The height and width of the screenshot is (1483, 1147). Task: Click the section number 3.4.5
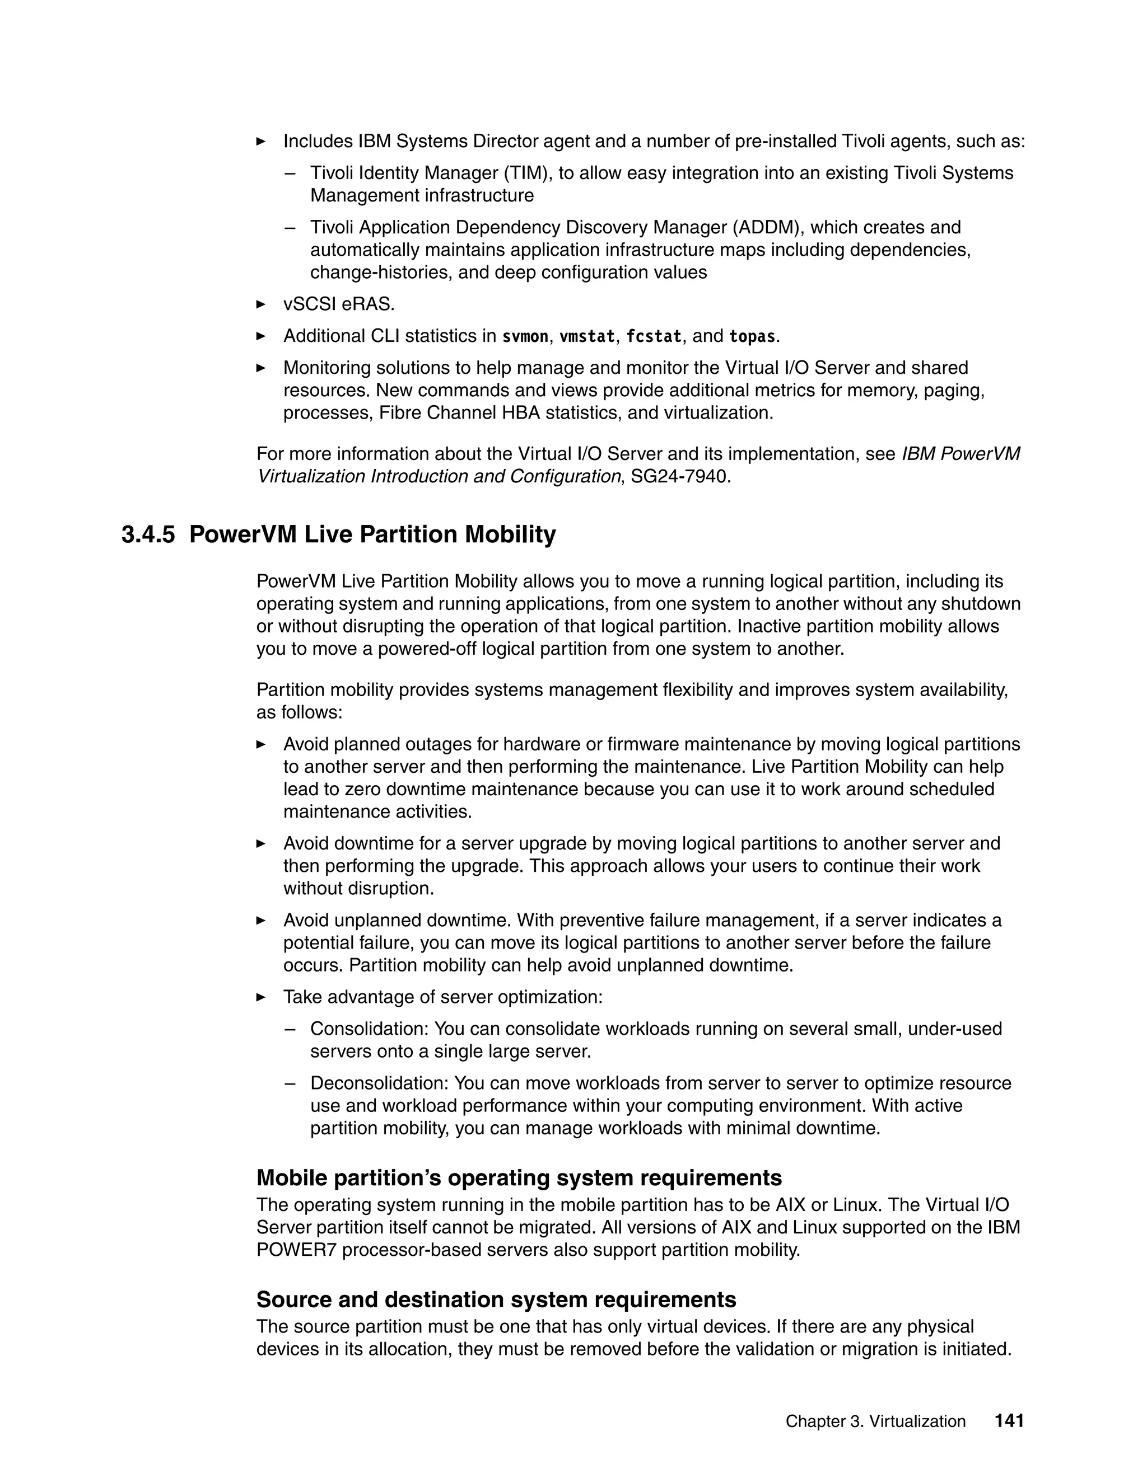(x=147, y=535)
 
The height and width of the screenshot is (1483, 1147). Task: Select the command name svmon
(x=525, y=337)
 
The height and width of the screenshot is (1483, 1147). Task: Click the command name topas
(x=752, y=337)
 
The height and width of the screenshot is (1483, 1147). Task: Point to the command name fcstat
(x=653, y=337)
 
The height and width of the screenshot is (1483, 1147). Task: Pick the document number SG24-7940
(x=679, y=477)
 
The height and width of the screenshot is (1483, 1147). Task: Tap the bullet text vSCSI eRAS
(x=338, y=305)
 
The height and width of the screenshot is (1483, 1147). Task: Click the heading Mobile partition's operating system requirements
(x=519, y=1177)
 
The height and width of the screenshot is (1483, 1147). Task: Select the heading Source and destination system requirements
(x=496, y=1299)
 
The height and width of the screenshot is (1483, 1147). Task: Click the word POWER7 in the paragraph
(x=296, y=1250)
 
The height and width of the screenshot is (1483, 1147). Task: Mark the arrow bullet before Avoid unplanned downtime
(x=261, y=921)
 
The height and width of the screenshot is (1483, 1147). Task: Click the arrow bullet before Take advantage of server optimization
(x=261, y=997)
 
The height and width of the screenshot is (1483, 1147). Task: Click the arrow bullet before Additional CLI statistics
(x=261, y=336)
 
